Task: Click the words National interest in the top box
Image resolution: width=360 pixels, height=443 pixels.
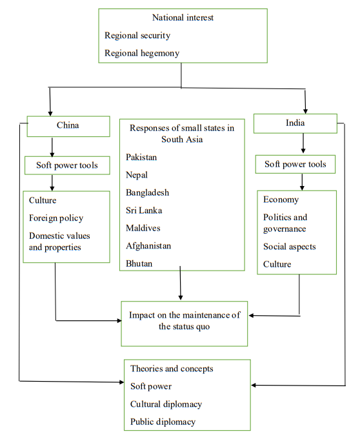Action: coord(183,17)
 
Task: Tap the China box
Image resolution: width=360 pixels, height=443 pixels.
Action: coord(68,125)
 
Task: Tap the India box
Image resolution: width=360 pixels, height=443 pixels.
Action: coord(295,123)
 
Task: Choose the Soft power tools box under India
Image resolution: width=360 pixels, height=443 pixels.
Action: coord(295,164)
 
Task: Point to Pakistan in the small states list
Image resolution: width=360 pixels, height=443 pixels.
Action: coord(141,157)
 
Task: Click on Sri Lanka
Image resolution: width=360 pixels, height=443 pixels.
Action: coord(144,210)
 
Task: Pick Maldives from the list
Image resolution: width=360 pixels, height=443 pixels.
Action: coord(143,228)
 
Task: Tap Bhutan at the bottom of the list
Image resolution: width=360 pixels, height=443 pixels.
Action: coord(139,263)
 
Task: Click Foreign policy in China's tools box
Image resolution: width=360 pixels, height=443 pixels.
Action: coord(56,218)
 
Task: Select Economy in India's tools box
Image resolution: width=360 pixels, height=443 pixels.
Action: coord(281,200)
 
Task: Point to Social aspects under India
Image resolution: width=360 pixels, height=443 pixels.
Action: coord(289,246)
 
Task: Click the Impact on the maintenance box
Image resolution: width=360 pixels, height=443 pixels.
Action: coord(184,321)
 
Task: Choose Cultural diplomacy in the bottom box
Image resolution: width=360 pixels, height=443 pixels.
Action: coord(166,404)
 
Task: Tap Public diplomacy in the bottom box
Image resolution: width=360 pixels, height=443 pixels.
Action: coord(163,422)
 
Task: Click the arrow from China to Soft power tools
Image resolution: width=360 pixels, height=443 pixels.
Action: coord(52,146)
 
